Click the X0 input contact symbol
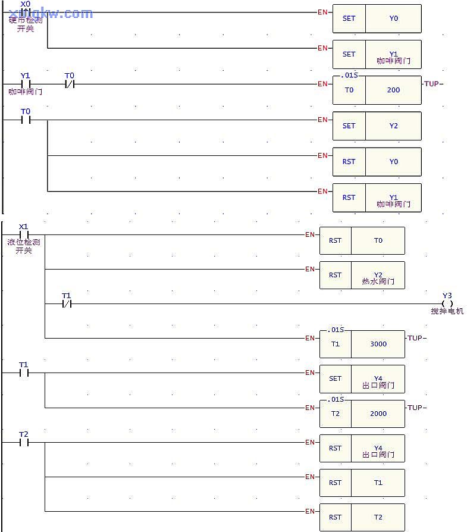[25, 12]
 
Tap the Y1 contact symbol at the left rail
[25, 84]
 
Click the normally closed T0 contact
[70, 84]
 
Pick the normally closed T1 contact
[66, 304]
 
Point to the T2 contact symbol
[24, 442]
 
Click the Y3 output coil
[447, 303]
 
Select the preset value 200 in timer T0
[393, 90]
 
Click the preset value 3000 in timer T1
[378, 344]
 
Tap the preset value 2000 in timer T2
[378, 414]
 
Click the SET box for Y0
[349, 18]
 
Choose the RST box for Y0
[349, 162]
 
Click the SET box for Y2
[349, 126]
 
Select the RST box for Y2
[336, 276]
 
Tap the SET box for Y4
[336, 378]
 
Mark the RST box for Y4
[336, 448]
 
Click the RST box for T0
[336, 241]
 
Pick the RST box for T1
[336, 483]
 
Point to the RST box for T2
[336, 517]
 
